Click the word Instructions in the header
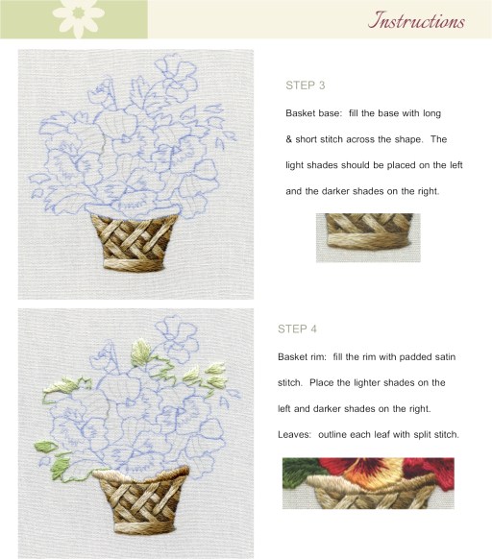416,20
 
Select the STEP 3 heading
305,85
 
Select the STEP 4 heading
297,328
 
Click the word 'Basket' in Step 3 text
301,113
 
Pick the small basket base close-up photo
368,238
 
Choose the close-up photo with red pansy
368,483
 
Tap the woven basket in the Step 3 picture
135,241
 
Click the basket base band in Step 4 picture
145,527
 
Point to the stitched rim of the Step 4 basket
141,476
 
